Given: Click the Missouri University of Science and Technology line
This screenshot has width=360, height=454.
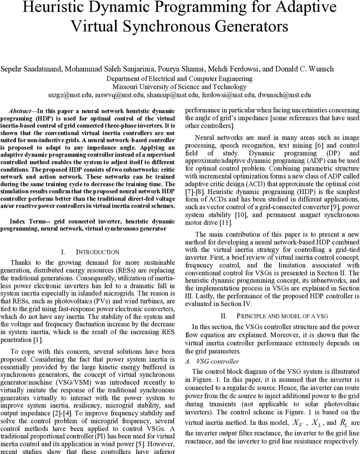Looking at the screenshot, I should (180, 87).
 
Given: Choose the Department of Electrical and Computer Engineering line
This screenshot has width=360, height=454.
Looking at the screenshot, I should (180, 79).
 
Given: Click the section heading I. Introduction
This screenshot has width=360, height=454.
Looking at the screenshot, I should (90, 252).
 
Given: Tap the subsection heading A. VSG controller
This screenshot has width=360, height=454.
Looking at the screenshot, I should (212, 361).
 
